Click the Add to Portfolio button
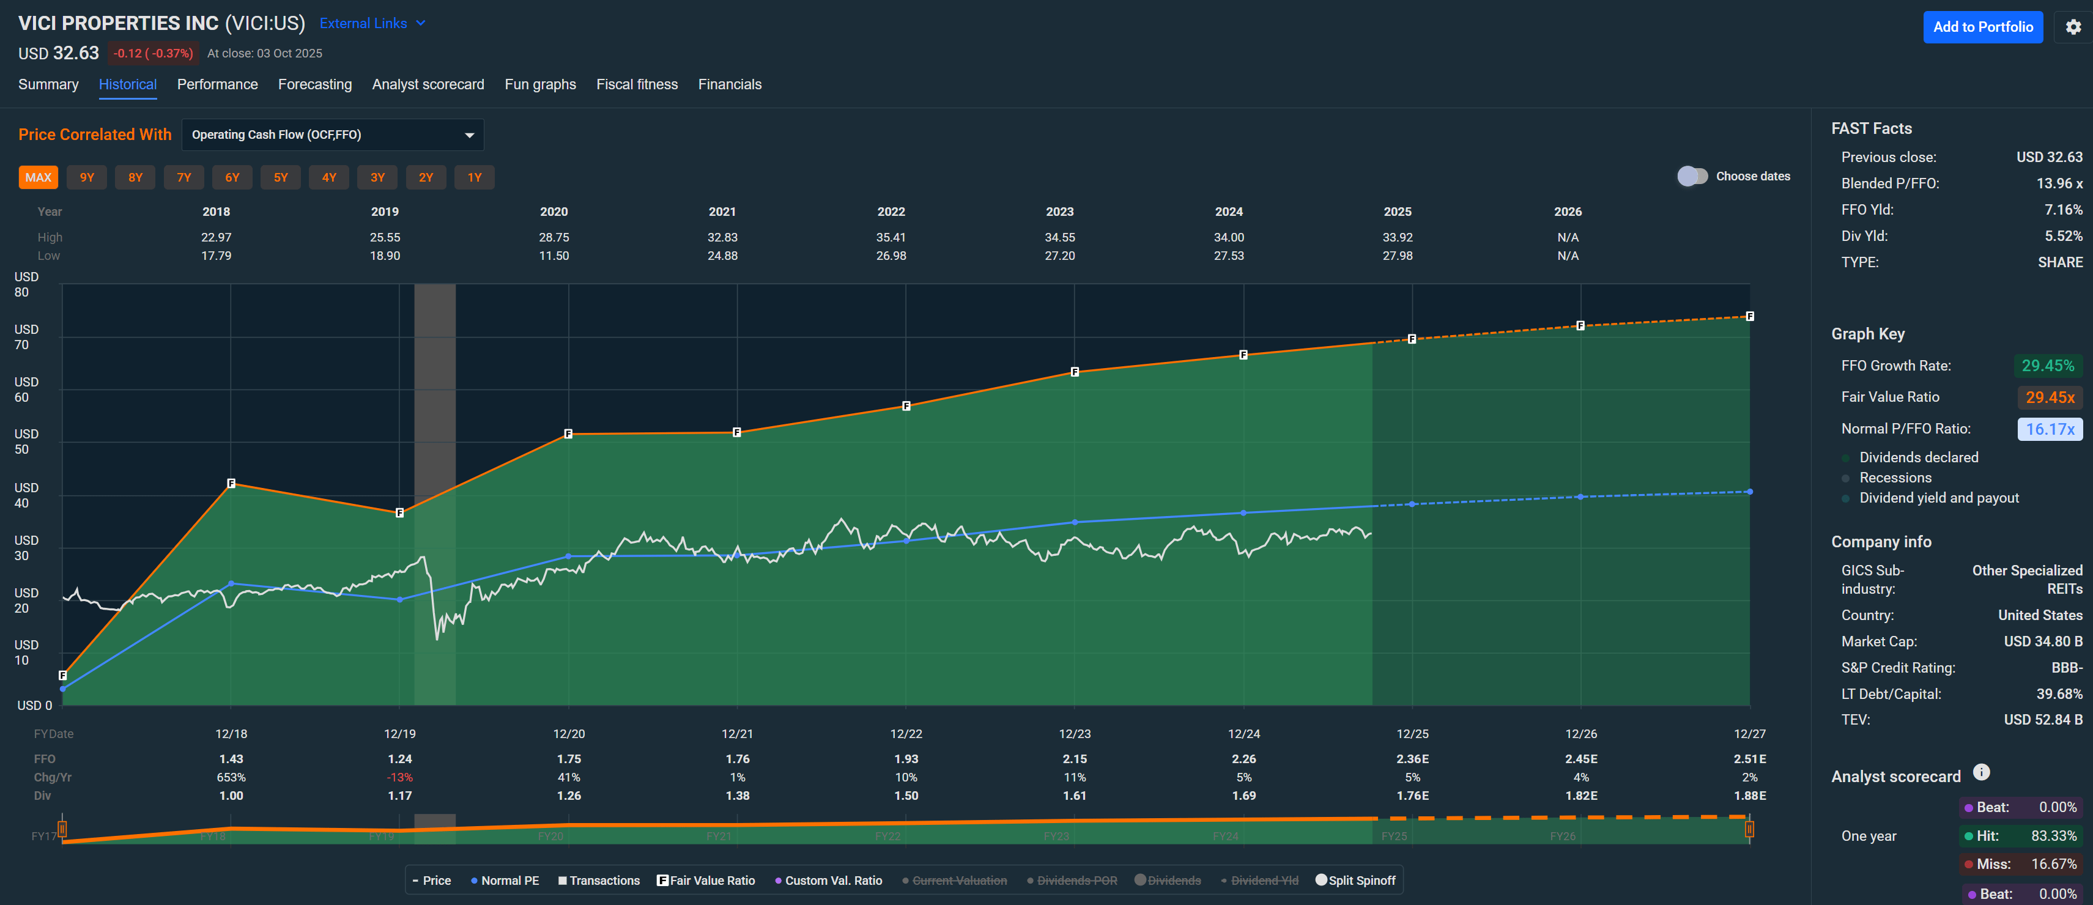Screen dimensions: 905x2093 [1982, 27]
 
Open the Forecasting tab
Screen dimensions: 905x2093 [314, 84]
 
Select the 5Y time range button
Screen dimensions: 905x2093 [280, 177]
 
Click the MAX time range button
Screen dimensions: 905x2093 [38, 177]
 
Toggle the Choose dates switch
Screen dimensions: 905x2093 [1692, 176]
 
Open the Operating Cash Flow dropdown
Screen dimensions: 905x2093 [332, 135]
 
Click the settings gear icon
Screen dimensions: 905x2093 [2073, 27]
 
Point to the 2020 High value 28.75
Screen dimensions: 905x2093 [554, 237]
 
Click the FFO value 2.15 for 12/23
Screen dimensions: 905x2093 [1074, 759]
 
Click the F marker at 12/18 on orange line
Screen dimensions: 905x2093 [231, 483]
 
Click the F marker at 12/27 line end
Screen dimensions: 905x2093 [1749, 316]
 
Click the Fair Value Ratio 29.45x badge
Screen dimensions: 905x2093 [2049, 397]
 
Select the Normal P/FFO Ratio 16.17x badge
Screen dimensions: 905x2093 [2049, 429]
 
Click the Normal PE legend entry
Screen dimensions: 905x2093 [505, 881]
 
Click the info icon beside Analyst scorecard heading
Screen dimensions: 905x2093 [1981, 772]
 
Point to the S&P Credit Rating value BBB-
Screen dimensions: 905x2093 [2066, 668]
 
